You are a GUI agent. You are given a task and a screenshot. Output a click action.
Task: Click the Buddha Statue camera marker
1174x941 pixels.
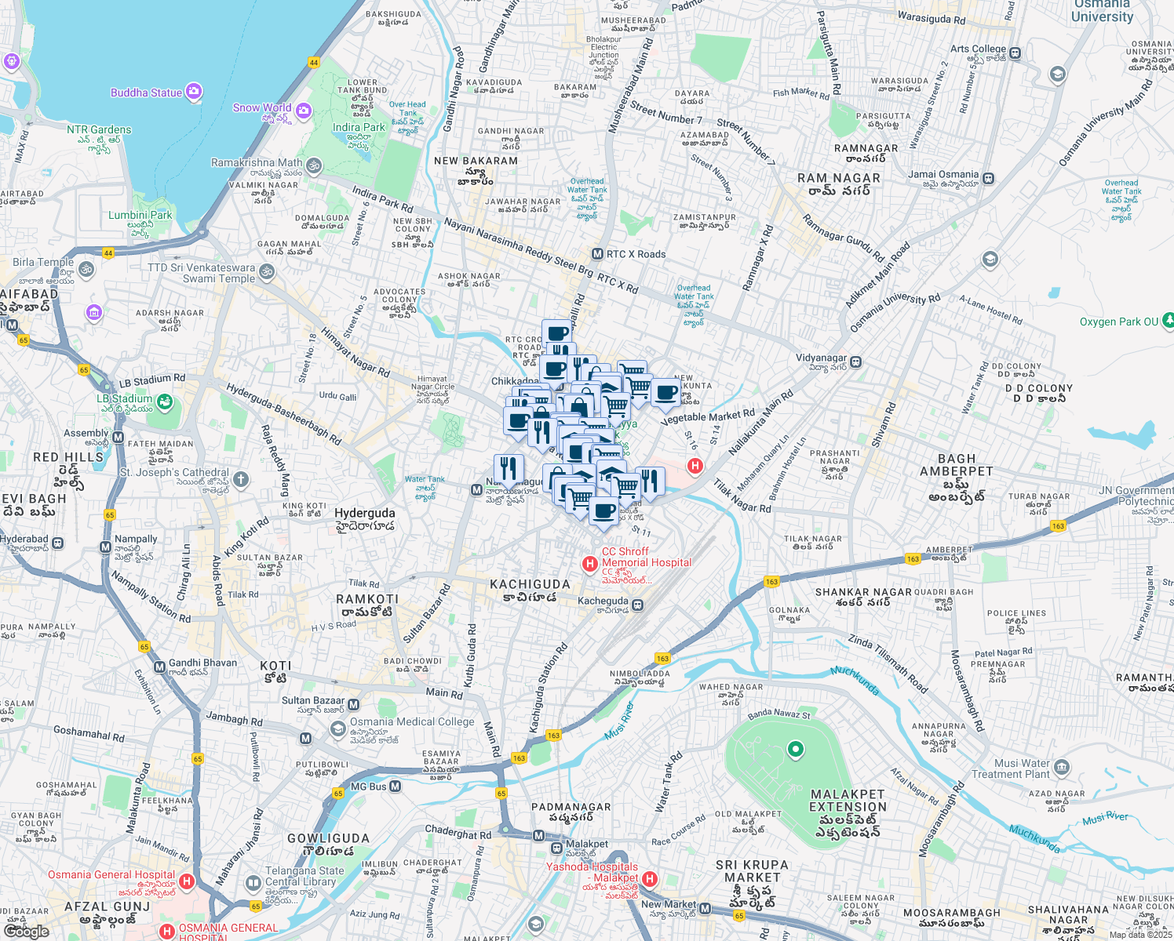coord(194,93)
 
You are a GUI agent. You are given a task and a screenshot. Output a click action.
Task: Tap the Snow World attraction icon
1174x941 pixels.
coord(304,111)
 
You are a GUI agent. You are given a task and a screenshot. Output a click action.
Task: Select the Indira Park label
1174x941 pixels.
coord(359,127)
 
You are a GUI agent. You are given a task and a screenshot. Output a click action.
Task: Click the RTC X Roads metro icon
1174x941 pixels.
coord(597,254)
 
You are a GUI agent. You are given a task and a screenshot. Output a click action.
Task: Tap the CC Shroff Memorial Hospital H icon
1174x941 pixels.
coord(589,564)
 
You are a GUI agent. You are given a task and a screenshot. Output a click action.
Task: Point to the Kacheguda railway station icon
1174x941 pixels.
coord(637,605)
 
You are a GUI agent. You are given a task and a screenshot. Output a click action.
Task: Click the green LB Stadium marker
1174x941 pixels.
coord(164,402)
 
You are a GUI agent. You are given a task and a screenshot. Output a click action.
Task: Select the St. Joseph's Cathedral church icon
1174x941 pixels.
coord(241,478)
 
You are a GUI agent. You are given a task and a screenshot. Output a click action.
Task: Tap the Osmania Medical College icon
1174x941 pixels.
coord(337,729)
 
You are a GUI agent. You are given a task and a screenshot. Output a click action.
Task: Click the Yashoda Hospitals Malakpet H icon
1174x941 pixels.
coord(649,879)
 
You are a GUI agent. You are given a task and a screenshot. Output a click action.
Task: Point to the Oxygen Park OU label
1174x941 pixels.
coord(1118,322)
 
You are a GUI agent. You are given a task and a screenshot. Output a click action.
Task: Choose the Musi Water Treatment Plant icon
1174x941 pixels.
coord(1062,766)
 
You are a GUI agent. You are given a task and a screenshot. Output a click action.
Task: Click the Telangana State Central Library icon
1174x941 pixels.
coord(253,884)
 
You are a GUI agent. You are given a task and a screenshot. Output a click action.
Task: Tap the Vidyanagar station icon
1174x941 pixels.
coord(856,362)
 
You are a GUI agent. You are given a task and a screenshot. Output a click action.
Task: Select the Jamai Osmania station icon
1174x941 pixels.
coord(988,179)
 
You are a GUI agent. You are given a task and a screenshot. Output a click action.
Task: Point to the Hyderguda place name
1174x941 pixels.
coord(365,513)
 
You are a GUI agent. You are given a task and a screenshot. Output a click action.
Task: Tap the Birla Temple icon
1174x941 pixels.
coord(86,269)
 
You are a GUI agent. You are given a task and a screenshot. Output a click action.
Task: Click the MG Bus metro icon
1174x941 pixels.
coord(395,786)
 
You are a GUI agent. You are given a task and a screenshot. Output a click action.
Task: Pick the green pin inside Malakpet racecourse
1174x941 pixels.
coord(795,749)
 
